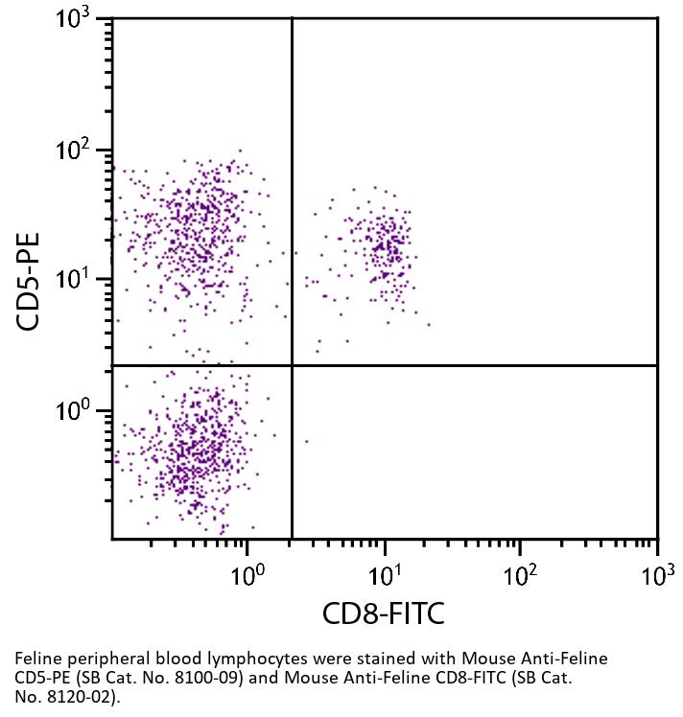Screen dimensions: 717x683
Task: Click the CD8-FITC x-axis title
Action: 384,613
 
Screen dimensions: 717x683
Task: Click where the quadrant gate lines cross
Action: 292,365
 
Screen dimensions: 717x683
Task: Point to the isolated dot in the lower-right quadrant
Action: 306,441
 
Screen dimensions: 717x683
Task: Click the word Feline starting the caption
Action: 37,659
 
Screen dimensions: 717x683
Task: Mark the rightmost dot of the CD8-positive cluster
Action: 428,324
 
